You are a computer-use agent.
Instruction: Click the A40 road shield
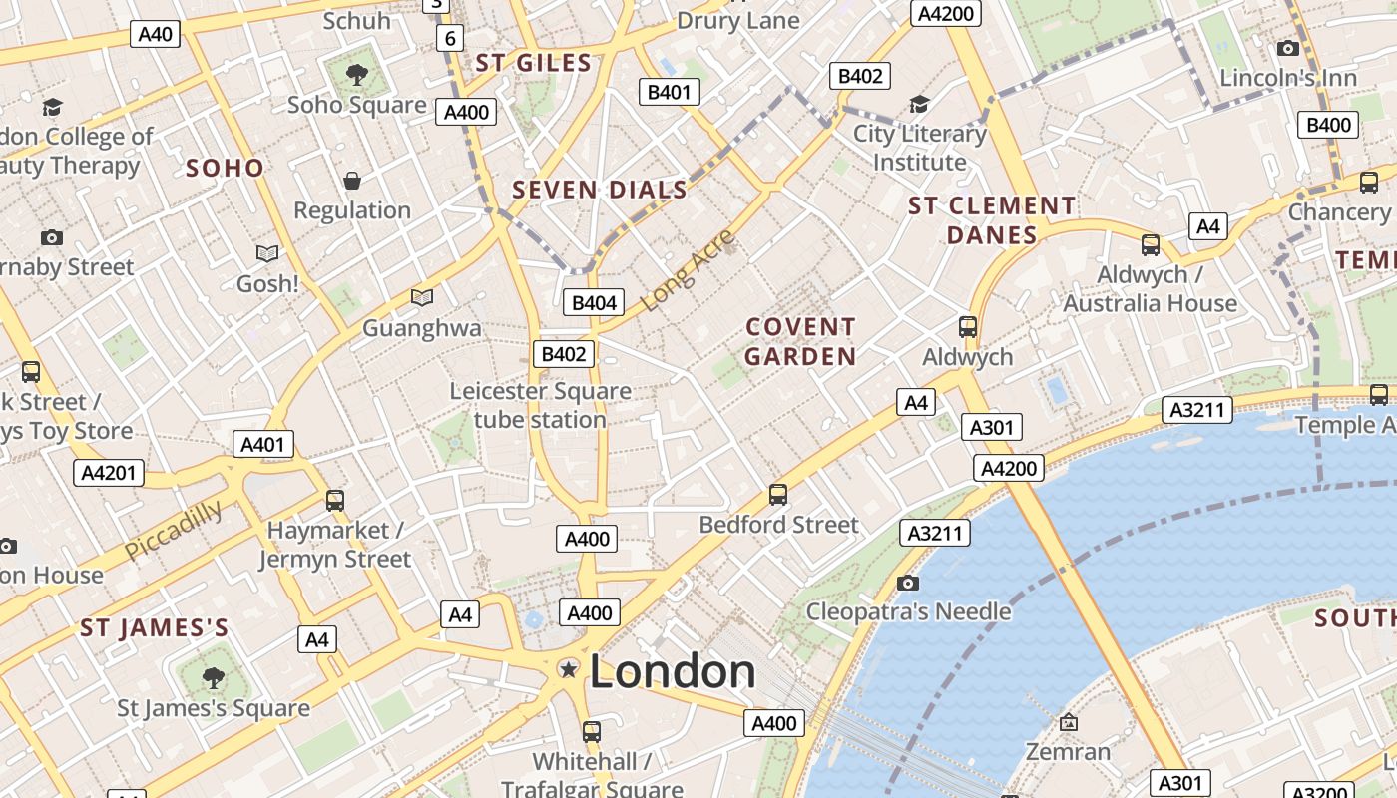[155, 34]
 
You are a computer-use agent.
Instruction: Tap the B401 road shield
[669, 93]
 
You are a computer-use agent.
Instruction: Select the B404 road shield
[593, 302]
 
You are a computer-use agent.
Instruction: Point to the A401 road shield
[263, 444]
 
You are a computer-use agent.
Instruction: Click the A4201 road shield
[109, 473]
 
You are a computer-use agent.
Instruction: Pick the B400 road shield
[1329, 125]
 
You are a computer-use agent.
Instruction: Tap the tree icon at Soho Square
[356, 74]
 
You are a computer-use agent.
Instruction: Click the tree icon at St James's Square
[213, 678]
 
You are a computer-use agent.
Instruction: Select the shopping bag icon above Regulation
[352, 181]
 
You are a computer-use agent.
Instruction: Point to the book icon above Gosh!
[267, 254]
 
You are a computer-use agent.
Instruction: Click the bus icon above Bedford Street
[778, 494]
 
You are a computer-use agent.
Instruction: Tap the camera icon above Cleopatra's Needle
[907, 583]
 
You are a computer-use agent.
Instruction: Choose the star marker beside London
[569, 669]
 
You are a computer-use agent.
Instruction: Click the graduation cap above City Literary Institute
[919, 104]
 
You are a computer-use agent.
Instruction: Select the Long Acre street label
[688, 269]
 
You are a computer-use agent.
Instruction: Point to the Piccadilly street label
[174, 530]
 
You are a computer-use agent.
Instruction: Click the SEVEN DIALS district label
[600, 190]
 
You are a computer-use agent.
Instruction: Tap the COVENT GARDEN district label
[800, 341]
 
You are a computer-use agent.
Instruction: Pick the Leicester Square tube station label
[540, 405]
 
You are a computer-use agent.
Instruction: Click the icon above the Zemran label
[1068, 721]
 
